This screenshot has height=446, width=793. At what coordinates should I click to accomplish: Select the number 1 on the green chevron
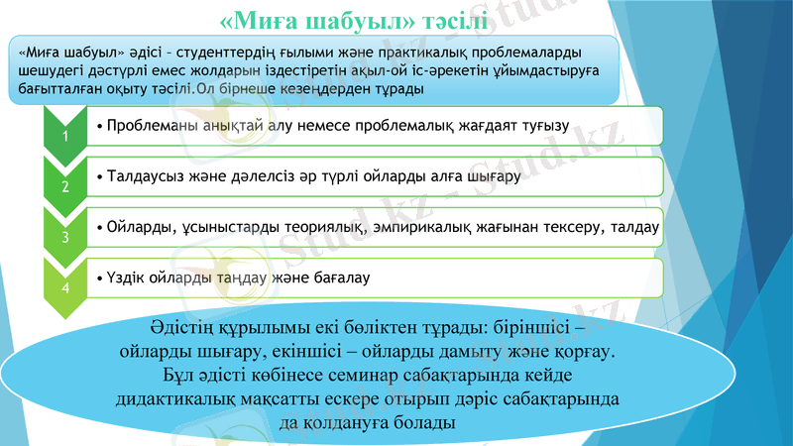(x=65, y=137)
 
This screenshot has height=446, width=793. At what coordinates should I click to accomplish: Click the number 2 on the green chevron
(x=65, y=186)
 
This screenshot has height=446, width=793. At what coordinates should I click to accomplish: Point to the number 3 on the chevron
(x=65, y=237)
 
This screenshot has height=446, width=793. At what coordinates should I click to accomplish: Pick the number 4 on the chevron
(x=65, y=287)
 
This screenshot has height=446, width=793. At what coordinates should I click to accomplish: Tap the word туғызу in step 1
(x=541, y=126)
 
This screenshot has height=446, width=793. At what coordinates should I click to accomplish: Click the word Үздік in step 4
(x=124, y=277)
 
